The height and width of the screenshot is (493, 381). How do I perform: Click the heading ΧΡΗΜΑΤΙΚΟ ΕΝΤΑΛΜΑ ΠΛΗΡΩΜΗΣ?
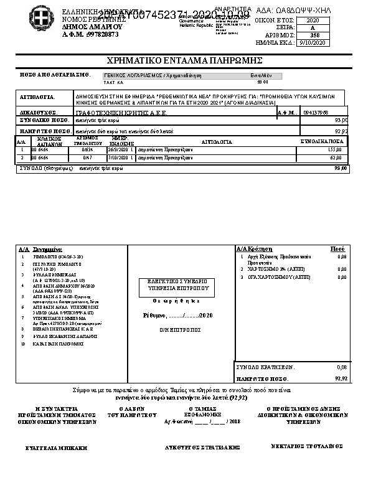pyautogui.click(x=185, y=60)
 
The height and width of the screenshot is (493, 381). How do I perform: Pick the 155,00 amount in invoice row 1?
pyautogui.click(x=334, y=150)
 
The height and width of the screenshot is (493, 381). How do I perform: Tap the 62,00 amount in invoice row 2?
pyautogui.click(x=336, y=158)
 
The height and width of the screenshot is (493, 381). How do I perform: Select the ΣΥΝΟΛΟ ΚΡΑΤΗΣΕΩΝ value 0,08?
pyautogui.click(x=341, y=367)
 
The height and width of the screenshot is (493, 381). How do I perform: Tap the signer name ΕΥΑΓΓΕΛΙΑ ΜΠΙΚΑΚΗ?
pyautogui.click(x=56, y=448)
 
